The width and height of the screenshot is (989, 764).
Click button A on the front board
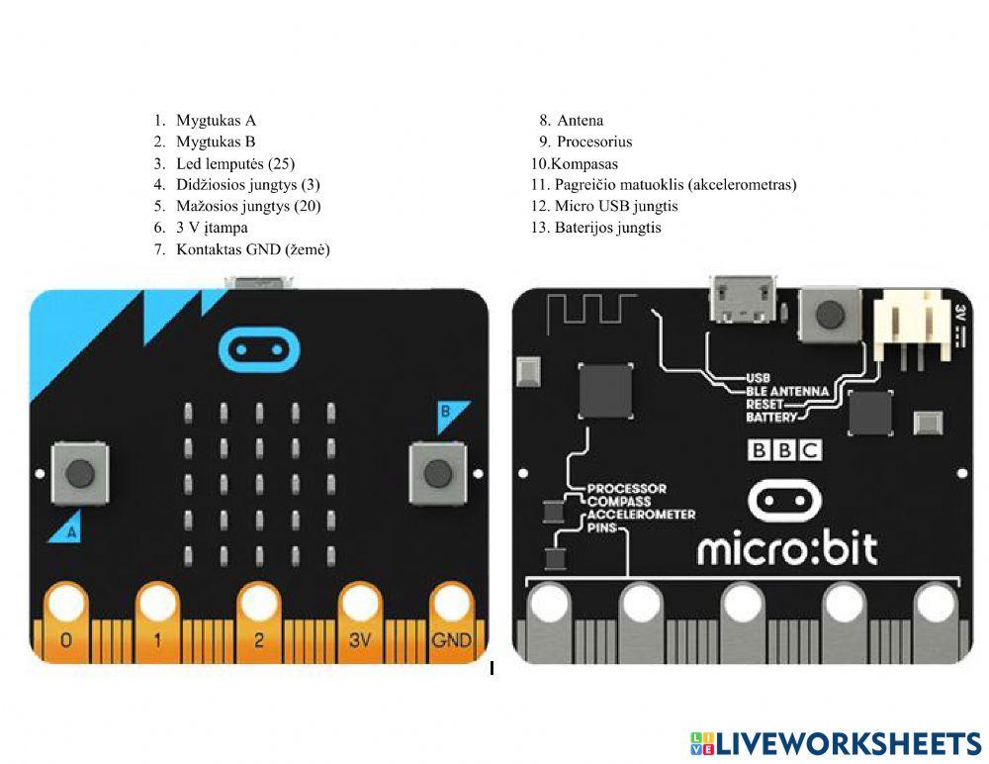click(x=80, y=473)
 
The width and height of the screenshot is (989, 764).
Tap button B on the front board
click(x=436, y=473)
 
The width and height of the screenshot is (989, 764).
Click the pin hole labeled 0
click(x=66, y=602)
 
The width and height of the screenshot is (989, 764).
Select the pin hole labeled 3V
click(x=360, y=602)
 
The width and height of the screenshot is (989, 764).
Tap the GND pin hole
click(x=451, y=602)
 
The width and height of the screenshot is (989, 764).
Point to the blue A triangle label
click(x=64, y=528)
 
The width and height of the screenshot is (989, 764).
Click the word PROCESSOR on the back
click(x=626, y=489)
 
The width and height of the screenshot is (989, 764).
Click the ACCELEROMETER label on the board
click(x=641, y=515)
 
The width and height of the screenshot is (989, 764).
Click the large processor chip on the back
click(x=606, y=391)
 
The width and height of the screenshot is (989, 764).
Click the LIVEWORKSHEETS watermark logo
click(x=836, y=743)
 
